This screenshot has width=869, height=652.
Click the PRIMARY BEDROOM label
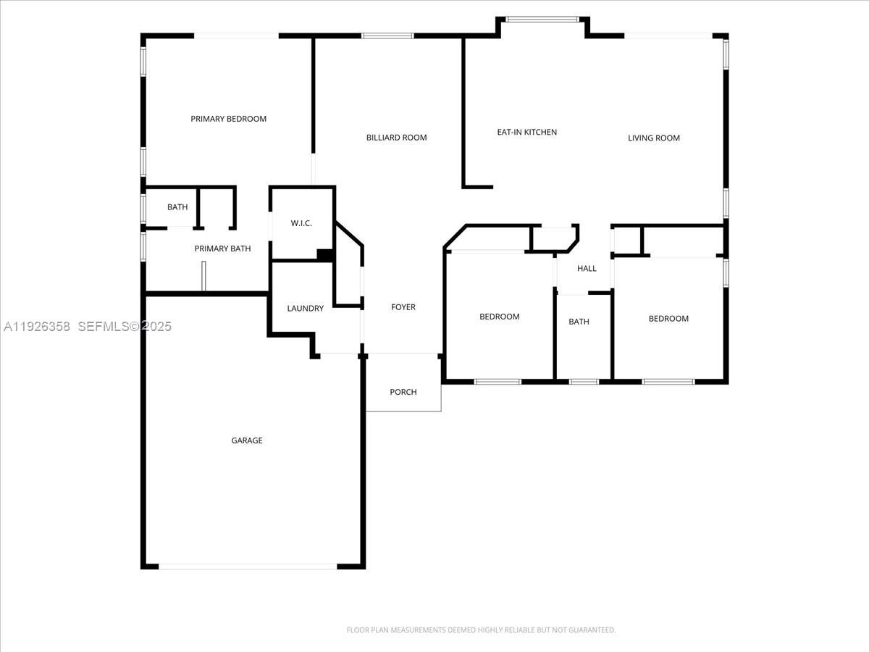click(228, 119)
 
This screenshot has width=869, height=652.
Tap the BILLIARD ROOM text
click(396, 138)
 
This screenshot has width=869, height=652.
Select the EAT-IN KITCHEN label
click(526, 132)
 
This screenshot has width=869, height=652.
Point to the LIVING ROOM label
click(653, 138)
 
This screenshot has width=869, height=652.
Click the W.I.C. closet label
click(301, 223)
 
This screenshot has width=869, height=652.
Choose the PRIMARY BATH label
click(222, 248)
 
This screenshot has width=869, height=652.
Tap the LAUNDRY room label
click(305, 309)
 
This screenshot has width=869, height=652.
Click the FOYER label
click(403, 307)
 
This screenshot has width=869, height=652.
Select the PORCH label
click(403, 392)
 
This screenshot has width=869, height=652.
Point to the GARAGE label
click(247, 440)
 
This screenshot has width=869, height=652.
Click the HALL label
click(587, 269)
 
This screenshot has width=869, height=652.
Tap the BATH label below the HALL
click(579, 322)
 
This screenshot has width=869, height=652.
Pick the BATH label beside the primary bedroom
click(177, 207)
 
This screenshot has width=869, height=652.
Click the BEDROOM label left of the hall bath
click(500, 317)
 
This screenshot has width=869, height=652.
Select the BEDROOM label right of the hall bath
click(668, 319)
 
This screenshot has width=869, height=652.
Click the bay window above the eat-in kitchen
click(542, 20)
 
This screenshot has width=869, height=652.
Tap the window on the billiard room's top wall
click(387, 35)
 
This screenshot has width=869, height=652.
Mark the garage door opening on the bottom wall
click(248, 566)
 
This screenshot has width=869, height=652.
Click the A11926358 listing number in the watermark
click(37, 327)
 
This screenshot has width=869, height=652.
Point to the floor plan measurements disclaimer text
click(481, 630)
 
